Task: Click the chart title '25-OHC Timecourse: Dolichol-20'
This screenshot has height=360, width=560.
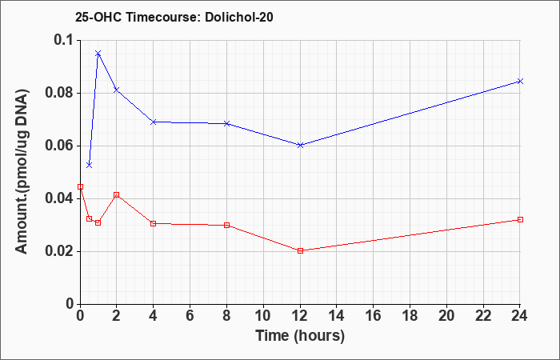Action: pyautogui.click(x=174, y=17)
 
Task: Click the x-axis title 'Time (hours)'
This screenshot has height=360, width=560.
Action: pyautogui.click(x=300, y=336)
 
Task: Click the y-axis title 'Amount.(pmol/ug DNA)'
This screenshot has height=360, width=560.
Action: pyautogui.click(x=22, y=171)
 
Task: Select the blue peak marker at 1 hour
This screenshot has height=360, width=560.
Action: pyautogui.click(x=98, y=54)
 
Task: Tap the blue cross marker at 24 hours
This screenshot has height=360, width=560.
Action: pyautogui.click(x=520, y=81)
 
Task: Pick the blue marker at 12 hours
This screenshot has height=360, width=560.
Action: pyautogui.click(x=300, y=145)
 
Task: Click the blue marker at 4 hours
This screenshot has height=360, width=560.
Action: pyautogui.click(x=154, y=122)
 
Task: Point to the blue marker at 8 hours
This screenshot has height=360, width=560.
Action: pyautogui.click(x=226, y=123)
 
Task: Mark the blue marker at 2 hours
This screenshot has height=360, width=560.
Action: pyautogui.click(x=116, y=90)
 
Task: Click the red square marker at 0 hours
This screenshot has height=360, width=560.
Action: pyautogui.click(x=80, y=186)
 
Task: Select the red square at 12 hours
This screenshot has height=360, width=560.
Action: pyautogui.click(x=300, y=250)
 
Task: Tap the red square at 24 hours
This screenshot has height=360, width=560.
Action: pyautogui.click(x=520, y=220)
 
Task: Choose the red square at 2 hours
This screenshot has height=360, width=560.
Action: pyautogui.click(x=116, y=195)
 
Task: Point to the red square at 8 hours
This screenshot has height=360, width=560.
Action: pyautogui.click(x=226, y=225)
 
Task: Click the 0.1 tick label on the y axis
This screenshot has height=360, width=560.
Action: pyautogui.click(x=63, y=40)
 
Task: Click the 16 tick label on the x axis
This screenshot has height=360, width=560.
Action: pyautogui.click(x=374, y=316)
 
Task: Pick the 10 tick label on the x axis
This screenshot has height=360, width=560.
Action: pyautogui.click(x=263, y=316)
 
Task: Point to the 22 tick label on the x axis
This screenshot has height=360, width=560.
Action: pyautogui.click(x=483, y=316)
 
